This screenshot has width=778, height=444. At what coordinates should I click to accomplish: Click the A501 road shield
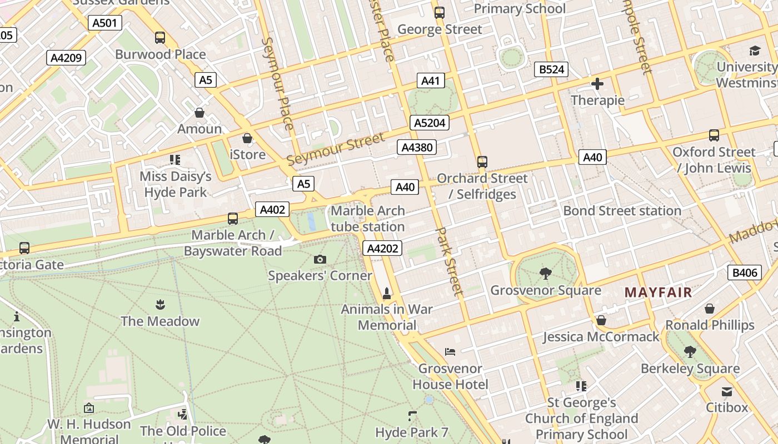pos(105,23)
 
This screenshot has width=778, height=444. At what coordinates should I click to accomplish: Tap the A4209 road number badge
pos(66,58)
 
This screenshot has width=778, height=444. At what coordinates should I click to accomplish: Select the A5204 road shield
pos(430,123)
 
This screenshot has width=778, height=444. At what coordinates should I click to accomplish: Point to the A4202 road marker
pos(382,248)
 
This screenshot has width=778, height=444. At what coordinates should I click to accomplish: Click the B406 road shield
pos(744,272)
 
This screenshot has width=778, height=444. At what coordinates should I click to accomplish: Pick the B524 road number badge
pos(551,69)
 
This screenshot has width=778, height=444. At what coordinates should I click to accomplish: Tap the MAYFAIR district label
pos(659,292)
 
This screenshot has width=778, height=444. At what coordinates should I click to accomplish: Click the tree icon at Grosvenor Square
pos(545,273)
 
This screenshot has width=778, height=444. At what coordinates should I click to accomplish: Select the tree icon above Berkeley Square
pos(690,351)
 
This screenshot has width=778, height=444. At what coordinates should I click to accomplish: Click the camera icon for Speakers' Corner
pos(320,259)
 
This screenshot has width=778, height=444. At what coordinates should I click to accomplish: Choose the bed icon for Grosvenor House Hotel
pos(450,352)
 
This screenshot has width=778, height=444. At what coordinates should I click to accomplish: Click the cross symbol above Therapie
pos(597,84)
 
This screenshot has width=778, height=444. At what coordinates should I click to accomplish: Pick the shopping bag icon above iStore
pos(247,138)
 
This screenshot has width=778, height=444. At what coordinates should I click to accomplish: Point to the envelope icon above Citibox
pos(727,391)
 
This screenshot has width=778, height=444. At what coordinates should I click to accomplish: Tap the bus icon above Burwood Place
pos(160,38)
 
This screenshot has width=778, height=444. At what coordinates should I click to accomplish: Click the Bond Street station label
pos(622,211)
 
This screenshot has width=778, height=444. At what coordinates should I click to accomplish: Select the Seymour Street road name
pos(335,149)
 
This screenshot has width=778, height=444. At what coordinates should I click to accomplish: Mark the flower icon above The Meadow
pos(160,304)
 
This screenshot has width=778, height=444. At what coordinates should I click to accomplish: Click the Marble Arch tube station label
pos(368,219)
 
